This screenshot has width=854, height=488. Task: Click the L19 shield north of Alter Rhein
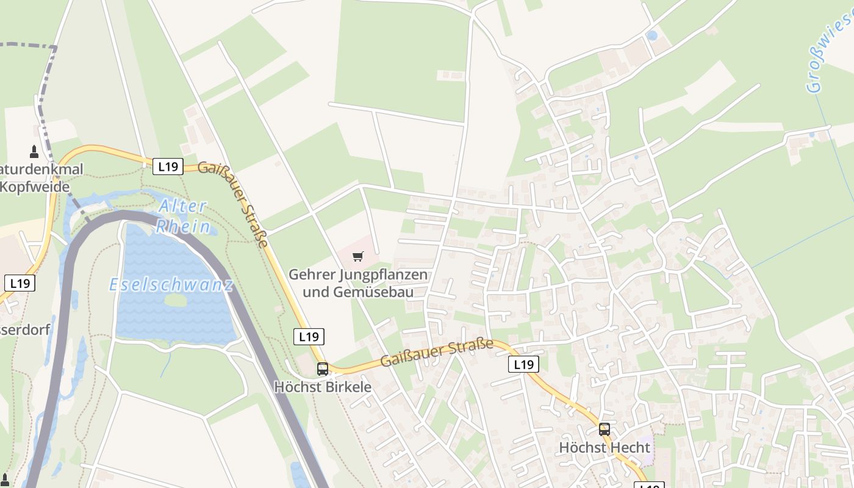coord(168,167)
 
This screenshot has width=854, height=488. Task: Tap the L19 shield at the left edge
coord(20,283)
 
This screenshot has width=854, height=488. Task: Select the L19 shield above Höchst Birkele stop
coord(309,336)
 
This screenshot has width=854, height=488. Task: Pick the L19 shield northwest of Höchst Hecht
coord(523,365)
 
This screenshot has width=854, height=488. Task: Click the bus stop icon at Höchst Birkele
coord(323,369)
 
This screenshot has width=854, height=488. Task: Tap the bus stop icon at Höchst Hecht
coord(605,429)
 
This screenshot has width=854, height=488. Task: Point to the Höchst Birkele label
coord(323,387)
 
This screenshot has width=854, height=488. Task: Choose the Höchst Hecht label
coord(605,448)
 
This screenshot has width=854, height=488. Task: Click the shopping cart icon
coord(358,257)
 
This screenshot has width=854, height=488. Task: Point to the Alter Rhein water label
coord(183,217)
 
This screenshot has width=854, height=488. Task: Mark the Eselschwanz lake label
coord(171,285)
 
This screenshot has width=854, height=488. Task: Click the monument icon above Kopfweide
coord(34,152)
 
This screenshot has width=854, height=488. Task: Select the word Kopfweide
coord(35,187)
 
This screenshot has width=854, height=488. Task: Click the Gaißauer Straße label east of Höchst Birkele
coord(436,353)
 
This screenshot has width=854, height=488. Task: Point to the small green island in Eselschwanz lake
coord(176,300)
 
